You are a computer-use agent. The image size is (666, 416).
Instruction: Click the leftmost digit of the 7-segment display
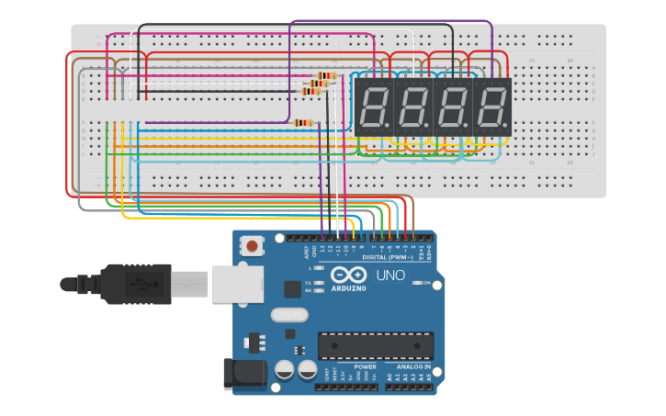click(x=373, y=107)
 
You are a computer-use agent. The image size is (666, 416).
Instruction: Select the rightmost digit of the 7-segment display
click(x=491, y=107)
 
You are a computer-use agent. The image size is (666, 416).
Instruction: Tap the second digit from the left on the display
click(x=412, y=107)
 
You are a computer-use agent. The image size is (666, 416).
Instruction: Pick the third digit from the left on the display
click(x=452, y=107)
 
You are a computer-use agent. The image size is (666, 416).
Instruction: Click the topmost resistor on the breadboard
click(x=326, y=75)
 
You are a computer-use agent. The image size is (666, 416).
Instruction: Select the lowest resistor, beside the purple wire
click(x=303, y=122)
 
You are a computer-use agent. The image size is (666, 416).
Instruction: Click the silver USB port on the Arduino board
click(x=237, y=284)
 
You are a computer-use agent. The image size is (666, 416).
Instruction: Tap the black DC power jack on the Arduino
click(x=245, y=374)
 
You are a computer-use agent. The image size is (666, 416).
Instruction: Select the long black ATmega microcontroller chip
click(x=375, y=345)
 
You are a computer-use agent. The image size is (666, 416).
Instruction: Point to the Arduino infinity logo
click(x=348, y=275)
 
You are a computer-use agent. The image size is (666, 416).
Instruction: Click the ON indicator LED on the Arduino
click(x=417, y=283)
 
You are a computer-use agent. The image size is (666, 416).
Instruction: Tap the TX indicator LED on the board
click(x=318, y=282)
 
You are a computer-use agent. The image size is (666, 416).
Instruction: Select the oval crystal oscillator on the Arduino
click(x=289, y=315)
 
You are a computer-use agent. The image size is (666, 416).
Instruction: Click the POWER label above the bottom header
click(x=365, y=366)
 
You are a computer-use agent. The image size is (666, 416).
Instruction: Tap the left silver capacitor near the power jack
click(x=284, y=369)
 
